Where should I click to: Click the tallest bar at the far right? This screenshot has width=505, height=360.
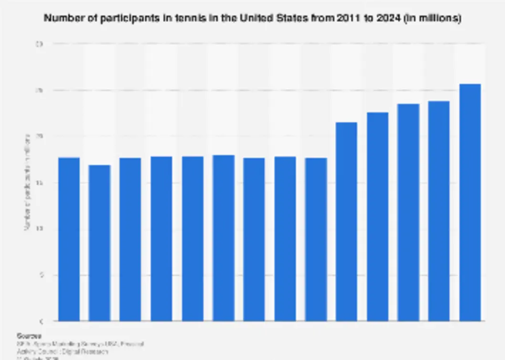470,202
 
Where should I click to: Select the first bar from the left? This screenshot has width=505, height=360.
69,239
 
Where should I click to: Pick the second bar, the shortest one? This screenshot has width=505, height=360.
100,243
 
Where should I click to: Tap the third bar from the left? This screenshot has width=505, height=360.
130,239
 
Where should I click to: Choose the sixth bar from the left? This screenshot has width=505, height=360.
223,237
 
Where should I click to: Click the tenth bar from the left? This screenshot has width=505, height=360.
346,221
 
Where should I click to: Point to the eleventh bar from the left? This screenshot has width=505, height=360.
377,216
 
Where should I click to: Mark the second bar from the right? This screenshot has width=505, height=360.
439,211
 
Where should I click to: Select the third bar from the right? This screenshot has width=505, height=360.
408,212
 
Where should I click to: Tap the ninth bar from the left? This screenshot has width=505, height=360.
316,239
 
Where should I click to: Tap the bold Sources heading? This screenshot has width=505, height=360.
29,336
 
